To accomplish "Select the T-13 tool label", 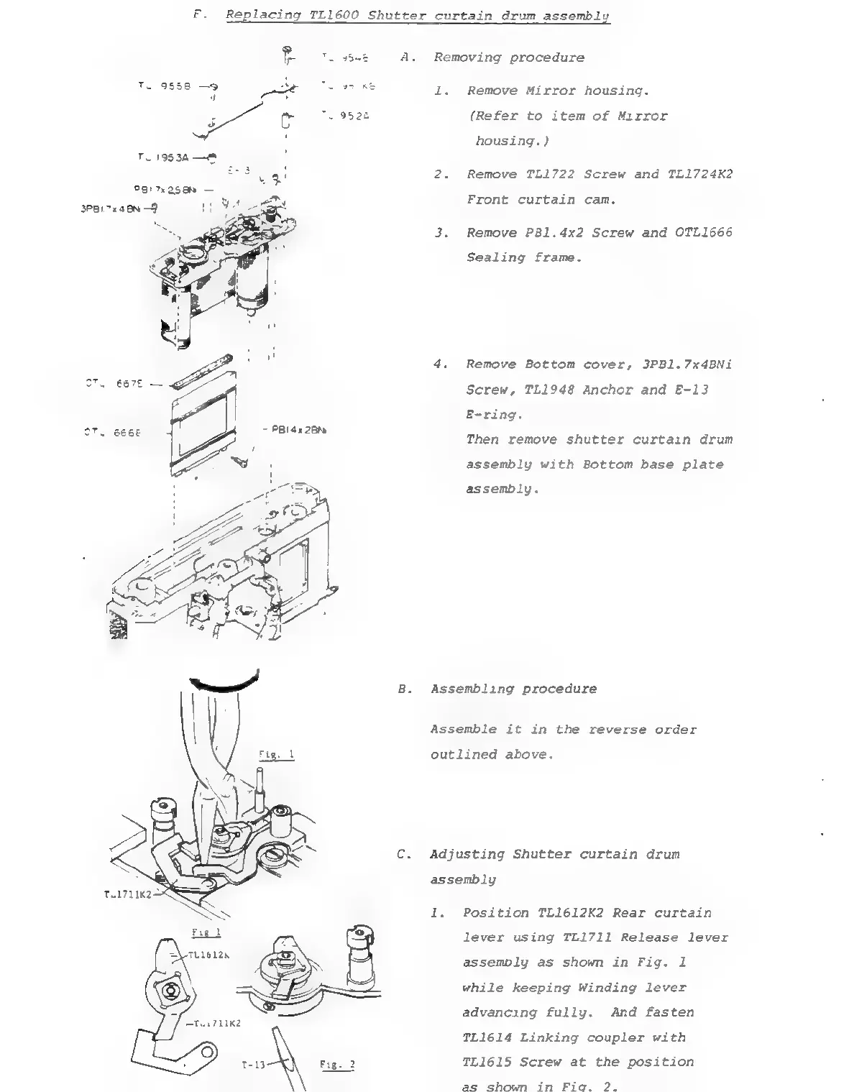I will pos(254,1065).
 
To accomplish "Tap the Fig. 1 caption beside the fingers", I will pos(277,755).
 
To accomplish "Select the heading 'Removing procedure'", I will pos(509,58).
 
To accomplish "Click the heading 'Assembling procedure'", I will pos(513,689).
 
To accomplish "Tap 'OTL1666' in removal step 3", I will pos(704,232).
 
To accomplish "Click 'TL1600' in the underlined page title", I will pos(334,15).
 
